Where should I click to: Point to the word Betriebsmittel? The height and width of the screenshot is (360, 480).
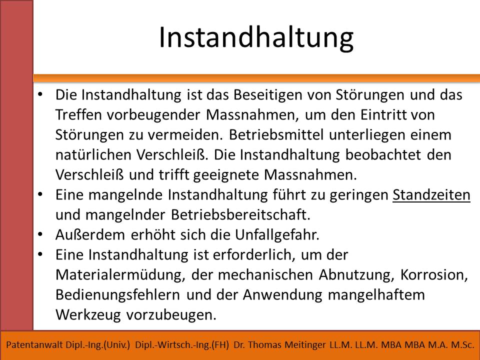(276, 135)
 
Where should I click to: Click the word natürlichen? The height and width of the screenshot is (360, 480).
(93, 155)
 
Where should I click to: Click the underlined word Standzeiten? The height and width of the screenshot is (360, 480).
(431, 195)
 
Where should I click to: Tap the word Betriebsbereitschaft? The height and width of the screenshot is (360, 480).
(240, 215)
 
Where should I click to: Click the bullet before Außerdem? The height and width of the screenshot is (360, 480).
(40, 235)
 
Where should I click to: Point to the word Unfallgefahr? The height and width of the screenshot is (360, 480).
(277, 235)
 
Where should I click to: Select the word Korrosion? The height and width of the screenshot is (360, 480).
(434, 275)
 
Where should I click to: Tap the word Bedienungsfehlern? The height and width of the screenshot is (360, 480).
(117, 295)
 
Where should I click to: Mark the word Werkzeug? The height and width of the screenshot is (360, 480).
(88, 315)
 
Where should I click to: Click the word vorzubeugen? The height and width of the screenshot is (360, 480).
(171, 315)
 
